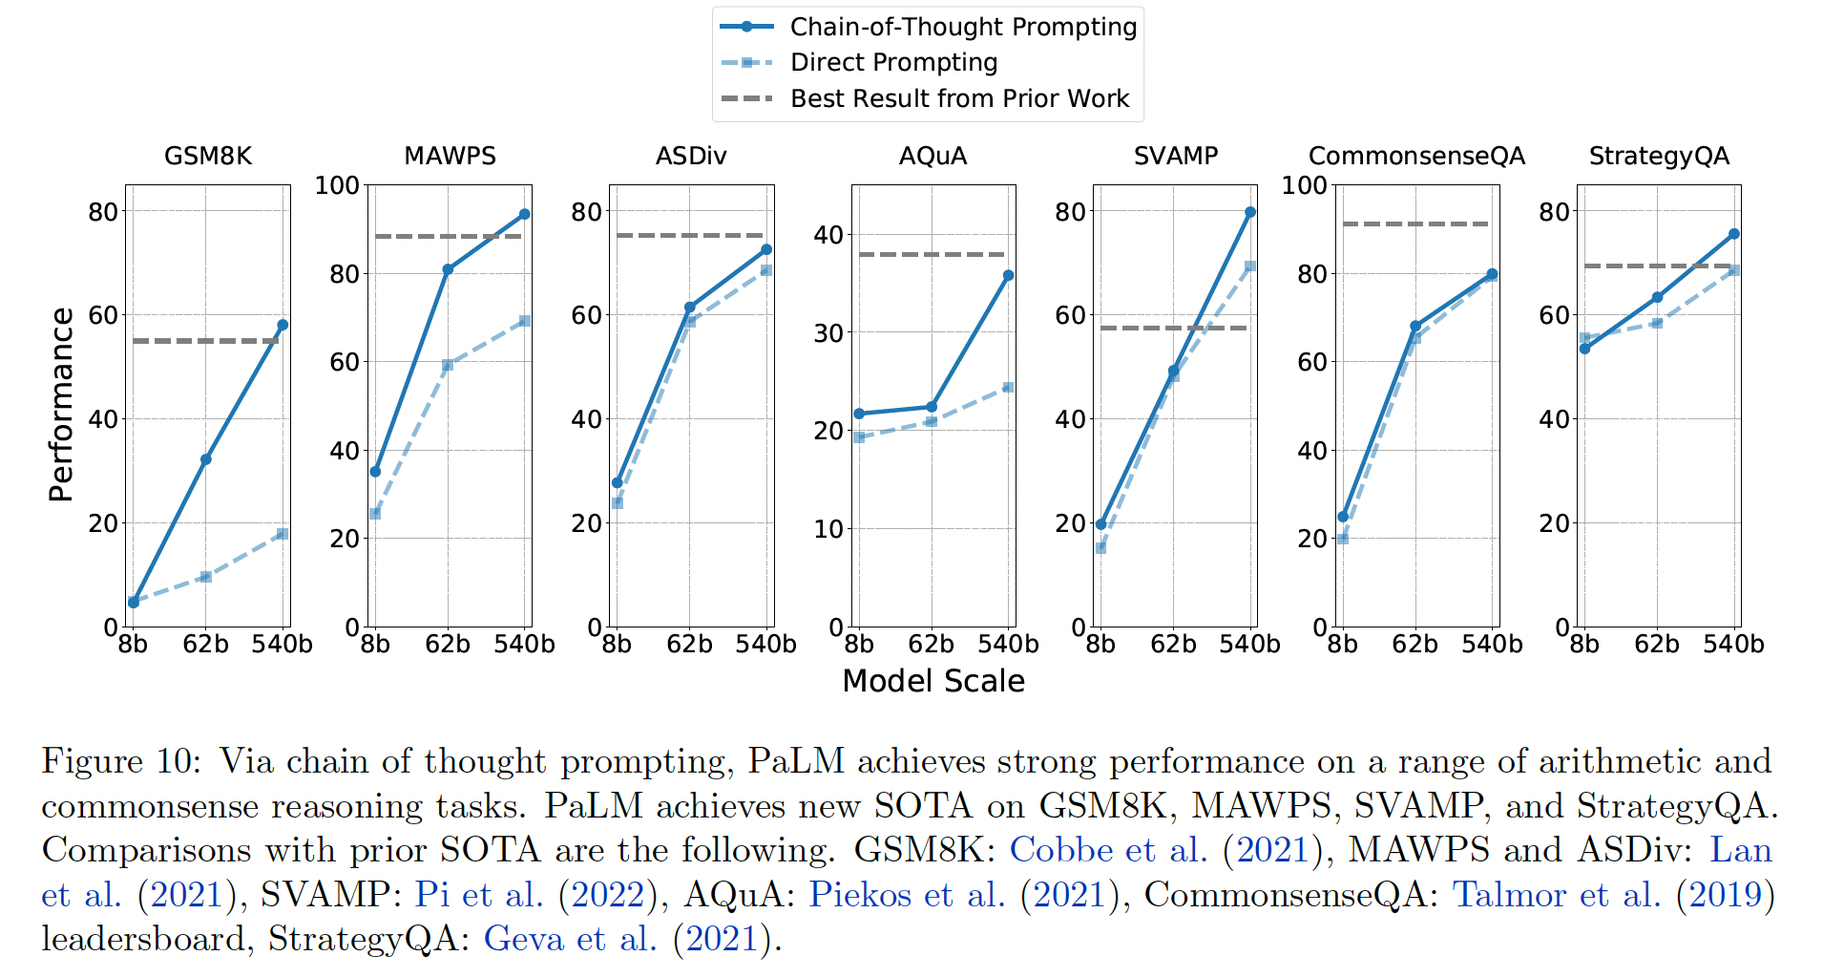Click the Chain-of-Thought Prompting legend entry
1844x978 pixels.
coord(962,27)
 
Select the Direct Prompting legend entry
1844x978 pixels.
coord(893,63)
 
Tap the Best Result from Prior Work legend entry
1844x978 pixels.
coord(959,98)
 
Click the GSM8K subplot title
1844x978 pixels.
coord(208,156)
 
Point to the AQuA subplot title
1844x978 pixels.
coord(932,156)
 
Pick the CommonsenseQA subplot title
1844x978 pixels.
coord(1416,156)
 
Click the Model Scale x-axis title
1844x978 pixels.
coord(932,681)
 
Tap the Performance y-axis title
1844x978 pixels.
coord(61,404)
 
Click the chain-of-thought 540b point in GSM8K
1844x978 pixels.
coord(283,325)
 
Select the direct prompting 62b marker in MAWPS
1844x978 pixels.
coord(448,365)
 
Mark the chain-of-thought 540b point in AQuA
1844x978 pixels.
coord(1008,275)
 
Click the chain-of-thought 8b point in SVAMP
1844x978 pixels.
coord(1100,524)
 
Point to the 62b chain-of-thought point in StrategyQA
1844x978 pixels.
coord(1657,298)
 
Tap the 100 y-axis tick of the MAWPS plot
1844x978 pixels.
coord(337,185)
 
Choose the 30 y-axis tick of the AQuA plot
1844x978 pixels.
coord(828,333)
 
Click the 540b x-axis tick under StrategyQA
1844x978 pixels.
coord(1733,645)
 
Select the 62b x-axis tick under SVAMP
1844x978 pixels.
coord(1173,645)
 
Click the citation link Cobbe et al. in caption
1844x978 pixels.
coord(1108,850)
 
